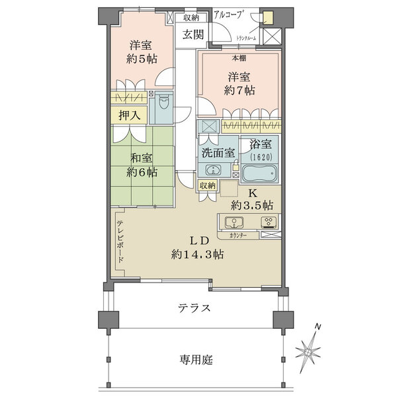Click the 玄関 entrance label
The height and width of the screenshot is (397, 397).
point(193,34)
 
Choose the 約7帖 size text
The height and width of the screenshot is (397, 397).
point(240,91)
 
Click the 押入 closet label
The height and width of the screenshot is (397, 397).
point(130,114)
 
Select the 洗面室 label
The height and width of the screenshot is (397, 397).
point(218,151)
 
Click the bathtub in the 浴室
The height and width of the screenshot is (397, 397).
point(261,174)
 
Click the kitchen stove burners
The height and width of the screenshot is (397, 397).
point(269,222)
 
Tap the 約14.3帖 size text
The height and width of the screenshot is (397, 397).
point(197,253)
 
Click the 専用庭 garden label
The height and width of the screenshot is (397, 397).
point(195,360)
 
